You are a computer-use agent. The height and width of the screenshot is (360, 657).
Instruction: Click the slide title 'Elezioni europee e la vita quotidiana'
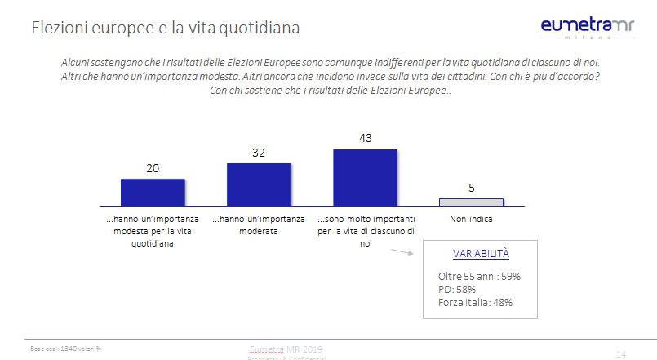[x=165, y=28]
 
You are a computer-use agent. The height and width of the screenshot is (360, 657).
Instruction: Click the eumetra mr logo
[x=588, y=29]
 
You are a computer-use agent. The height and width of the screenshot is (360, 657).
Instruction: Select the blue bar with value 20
[x=153, y=191]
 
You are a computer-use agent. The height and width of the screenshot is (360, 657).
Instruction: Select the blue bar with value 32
[x=259, y=184]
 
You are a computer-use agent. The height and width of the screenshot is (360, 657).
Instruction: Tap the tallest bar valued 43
[x=365, y=176]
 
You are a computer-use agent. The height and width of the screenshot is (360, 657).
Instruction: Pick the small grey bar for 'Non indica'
[x=472, y=201]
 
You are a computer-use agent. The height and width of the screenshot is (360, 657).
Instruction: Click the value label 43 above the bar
[x=366, y=138]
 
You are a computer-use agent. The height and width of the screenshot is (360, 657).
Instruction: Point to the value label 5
[x=472, y=187]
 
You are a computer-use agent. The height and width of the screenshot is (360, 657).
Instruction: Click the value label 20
[x=153, y=167]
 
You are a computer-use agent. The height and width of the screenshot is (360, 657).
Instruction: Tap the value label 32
[x=259, y=152]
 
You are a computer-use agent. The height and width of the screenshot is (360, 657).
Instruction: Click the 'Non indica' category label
[x=472, y=220]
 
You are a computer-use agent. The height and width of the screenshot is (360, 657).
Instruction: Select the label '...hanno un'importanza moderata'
[x=259, y=225]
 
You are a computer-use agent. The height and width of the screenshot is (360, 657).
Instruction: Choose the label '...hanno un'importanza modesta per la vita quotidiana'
[x=153, y=231]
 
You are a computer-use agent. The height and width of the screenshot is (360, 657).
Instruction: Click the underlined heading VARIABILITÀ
[x=481, y=253]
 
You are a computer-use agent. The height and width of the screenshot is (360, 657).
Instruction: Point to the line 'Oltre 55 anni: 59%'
[x=479, y=276]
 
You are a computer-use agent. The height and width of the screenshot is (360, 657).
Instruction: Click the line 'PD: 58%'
[x=457, y=289]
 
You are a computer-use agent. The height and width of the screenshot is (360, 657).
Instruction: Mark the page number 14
[x=621, y=353]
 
